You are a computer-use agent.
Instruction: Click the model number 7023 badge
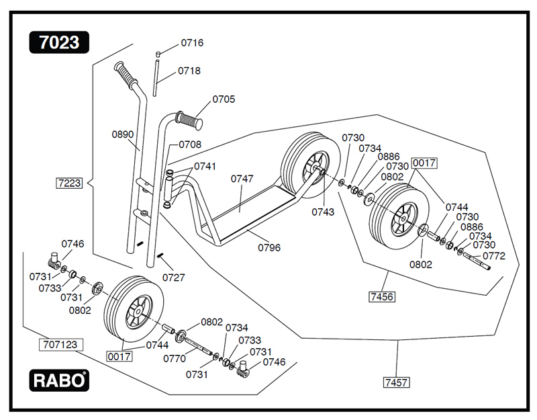pyautogui.click(x=58, y=42)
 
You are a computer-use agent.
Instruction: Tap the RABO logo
pyautogui.click(x=59, y=380)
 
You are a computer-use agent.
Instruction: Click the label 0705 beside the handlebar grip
pyautogui.click(x=224, y=99)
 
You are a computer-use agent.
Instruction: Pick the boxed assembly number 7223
pyautogui.click(x=69, y=183)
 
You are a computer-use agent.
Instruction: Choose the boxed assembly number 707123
pyautogui.click(x=60, y=345)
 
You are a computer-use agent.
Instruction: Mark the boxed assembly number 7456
pyautogui.click(x=381, y=296)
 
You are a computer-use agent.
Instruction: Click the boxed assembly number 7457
pyautogui.click(x=397, y=382)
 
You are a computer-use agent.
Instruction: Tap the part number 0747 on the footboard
pyautogui.click(x=242, y=179)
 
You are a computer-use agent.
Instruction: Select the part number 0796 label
pyautogui.click(x=269, y=247)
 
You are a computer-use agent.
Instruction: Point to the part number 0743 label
pyautogui.click(x=322, y=212)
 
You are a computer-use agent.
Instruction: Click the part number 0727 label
pyautogui.click(x=173, y=277)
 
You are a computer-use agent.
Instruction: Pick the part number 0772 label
pyautogui.click(x=494, y=256)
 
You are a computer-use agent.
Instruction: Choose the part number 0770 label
pyautogui.click(x=175, y=359)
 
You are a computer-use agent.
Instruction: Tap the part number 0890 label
pyautogui.click(x=123, y=134)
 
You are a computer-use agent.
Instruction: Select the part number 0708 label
pyautogui.click(x=190, y=144)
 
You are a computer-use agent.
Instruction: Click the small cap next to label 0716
pyautogui.click(x=159, y=54)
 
